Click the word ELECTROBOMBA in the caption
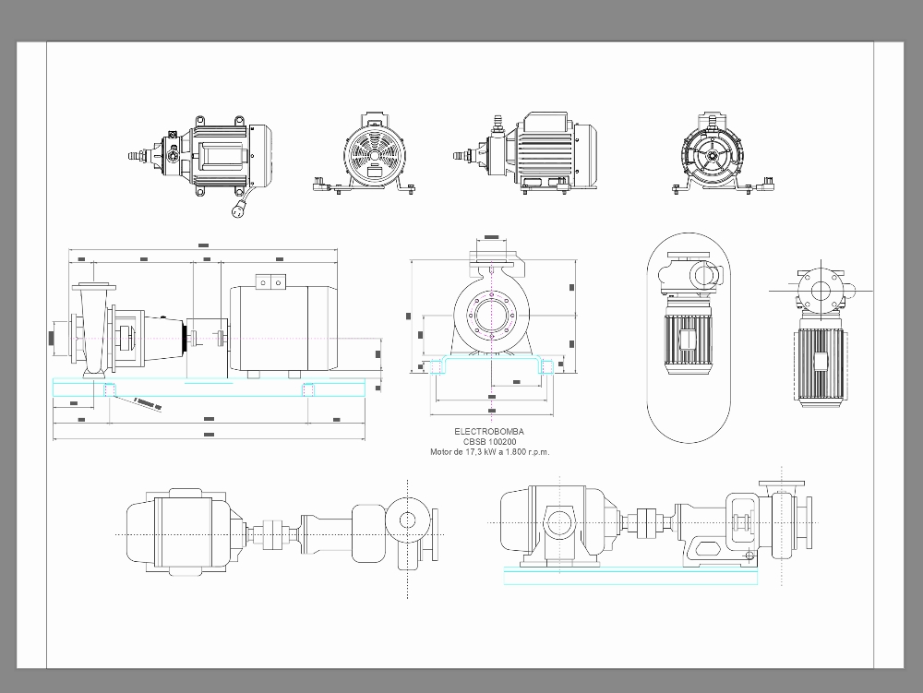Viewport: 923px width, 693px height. (489, 432)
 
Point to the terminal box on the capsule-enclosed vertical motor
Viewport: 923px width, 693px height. (688, 340)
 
